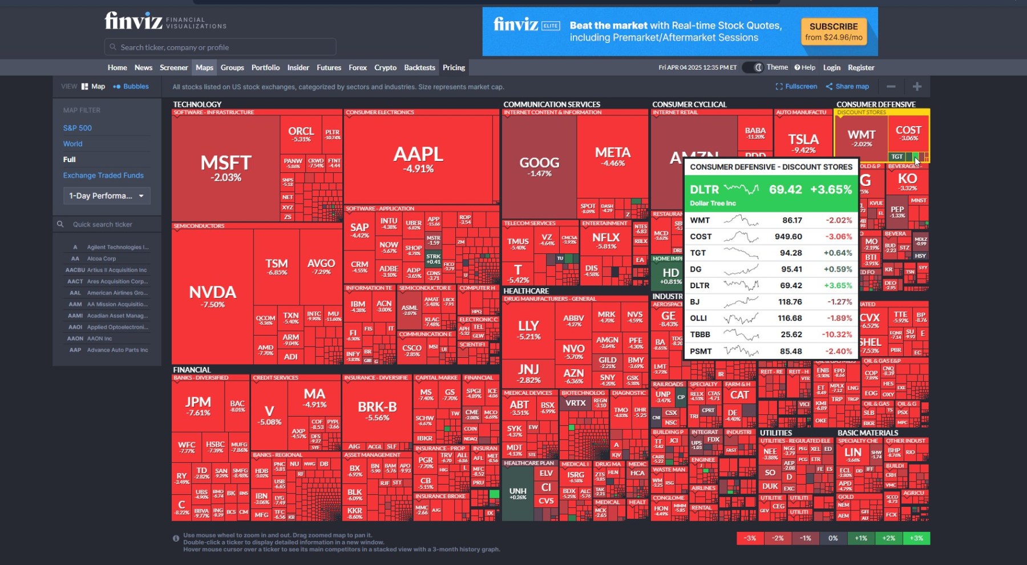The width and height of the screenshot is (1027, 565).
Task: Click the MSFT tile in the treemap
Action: click(226, 168)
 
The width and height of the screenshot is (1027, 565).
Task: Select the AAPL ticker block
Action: click(418, 160)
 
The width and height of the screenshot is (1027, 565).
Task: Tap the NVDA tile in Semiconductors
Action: click(212, 296)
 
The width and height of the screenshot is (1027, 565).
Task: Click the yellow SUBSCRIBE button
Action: click(833, 31)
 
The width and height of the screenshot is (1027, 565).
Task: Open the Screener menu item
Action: click(173, 67)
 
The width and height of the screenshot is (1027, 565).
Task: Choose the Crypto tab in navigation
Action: click(385, 67)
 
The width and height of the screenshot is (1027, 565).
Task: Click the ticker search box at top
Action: click(220, 47)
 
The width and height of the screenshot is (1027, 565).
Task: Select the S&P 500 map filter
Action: click(78, 128)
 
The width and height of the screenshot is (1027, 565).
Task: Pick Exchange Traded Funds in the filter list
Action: click(103, 175)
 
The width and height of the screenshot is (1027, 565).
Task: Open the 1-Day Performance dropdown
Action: click(107, 196)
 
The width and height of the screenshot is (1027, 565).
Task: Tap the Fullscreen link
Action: click(796, 87)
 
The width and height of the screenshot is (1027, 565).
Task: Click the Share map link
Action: click(847, 87)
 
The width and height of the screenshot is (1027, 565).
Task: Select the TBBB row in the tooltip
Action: click(770, 334)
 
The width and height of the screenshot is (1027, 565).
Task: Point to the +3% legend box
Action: click(916, 538)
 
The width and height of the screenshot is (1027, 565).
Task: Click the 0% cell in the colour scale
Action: click(833, 538)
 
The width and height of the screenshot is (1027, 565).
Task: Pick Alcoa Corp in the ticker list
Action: click(102, 259)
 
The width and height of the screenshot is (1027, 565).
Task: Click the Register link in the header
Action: click(860, 67)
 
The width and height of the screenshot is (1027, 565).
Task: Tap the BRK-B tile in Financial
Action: click(377, 411)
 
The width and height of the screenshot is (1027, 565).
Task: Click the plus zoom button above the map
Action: click(917, 87)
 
